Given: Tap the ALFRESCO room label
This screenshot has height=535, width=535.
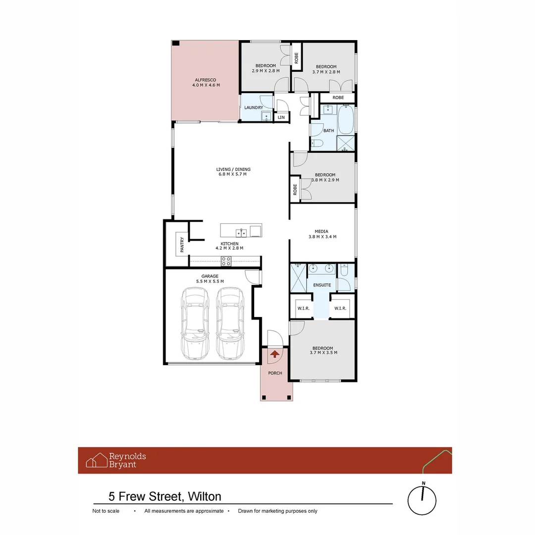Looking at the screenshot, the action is point(206,80).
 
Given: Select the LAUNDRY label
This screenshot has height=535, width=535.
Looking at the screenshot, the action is point(254,107).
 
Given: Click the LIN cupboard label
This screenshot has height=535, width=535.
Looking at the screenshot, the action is point(281,117).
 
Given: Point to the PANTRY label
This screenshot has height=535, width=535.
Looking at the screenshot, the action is point(182,245).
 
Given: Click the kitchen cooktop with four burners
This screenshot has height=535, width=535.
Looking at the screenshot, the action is point(226,262).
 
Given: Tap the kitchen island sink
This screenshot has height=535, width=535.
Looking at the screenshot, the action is point(241,233).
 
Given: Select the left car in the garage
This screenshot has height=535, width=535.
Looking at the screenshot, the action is point(195,323).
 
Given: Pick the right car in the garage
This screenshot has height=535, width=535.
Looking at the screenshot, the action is point(230,323).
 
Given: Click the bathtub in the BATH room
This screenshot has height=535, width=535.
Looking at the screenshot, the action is point(346,119).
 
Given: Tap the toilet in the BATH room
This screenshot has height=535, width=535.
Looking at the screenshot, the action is point(317,143).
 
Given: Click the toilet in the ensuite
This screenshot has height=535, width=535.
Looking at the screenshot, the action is point(344,269).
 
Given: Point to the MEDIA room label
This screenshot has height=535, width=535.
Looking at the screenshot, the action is point(321,231).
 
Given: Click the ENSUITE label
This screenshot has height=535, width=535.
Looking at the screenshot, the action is point(322,285).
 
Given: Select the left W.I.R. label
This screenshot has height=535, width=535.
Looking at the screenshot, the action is point(303,309).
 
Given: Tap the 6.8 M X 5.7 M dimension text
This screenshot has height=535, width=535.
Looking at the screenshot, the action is point(233,174).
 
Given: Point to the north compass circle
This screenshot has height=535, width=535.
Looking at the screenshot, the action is point(422,500).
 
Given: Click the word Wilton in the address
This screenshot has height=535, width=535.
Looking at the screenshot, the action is point(205,496).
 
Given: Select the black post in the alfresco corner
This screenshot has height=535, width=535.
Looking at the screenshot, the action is point(176,43).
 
